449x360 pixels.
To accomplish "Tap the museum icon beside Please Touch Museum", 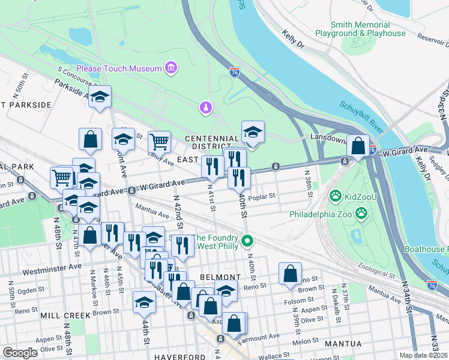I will (171, 68).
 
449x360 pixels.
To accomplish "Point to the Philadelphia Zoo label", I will (319, 214).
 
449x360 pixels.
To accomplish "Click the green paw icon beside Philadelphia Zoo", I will (361, 213).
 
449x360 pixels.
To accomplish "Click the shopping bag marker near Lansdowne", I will (358, 146).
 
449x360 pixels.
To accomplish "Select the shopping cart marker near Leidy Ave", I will (159, 142).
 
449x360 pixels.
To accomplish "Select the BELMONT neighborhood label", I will (225, 277).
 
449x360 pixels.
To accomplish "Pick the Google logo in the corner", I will (20, 353).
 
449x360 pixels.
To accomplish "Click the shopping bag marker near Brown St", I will (290, 273).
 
